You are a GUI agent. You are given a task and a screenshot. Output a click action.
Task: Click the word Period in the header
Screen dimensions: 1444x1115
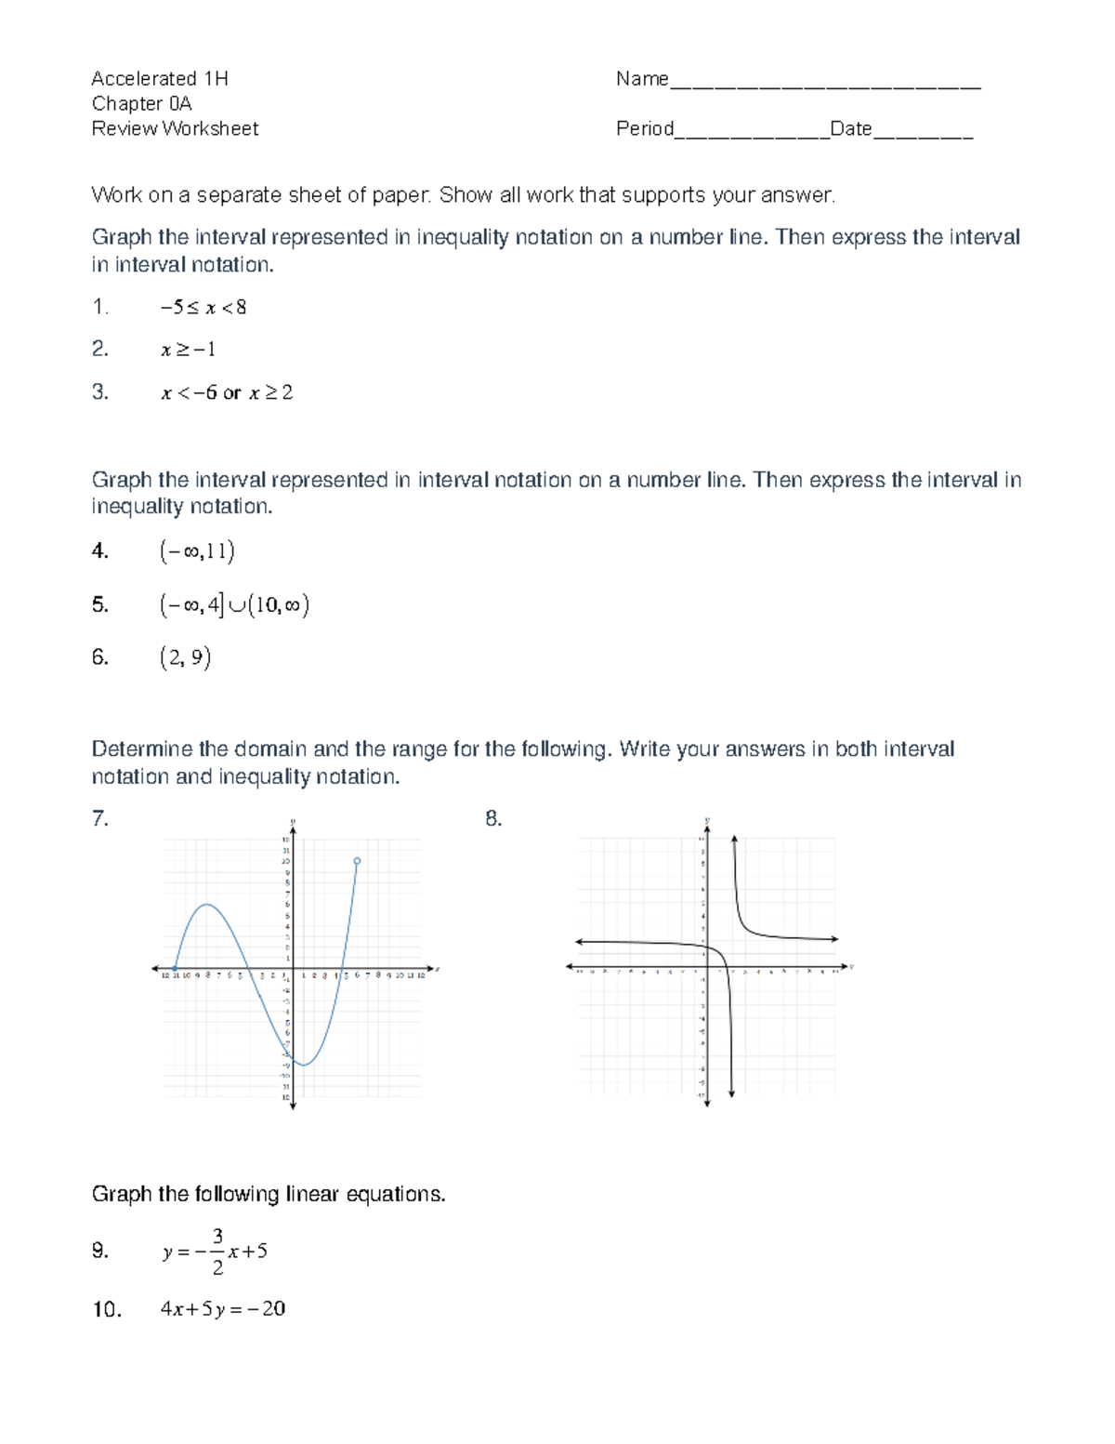pyautogui.click(x=644, y=128)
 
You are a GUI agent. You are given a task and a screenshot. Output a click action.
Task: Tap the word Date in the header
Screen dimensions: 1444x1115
pyautogui.click(x=850, y=128)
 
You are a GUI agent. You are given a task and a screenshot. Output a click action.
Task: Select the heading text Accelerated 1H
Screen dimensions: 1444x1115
pyautogui.click(x=160, y=78)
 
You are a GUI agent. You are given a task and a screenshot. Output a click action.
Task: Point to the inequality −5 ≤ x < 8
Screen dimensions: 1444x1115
pyautogui.click(x=203, y=307)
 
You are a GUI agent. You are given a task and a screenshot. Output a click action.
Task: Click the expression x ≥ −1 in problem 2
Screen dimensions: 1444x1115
pyautogui.click(x=188, y=350)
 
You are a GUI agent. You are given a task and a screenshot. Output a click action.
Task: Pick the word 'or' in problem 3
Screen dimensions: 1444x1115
pyautogui.click(x=231, y=392)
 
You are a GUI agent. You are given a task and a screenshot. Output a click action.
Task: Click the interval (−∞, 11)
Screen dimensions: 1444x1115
pyautogui.click(x=197, y=551)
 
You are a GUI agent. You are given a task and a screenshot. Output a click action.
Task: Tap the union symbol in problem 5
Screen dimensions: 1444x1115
pyautogui.click(x=236, y=605)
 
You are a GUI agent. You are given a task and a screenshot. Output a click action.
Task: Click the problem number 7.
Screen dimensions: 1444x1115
pyautogui.click(x=99, y=818)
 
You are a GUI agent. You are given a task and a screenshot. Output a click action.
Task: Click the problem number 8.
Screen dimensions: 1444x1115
pyautogui.click(x=493, y=818)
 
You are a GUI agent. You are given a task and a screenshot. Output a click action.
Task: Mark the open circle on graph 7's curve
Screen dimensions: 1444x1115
pyautogui.click(x=357, y=861)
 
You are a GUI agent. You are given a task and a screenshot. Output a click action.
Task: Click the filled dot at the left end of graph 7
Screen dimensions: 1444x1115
pyautogui.click(x=176, y=969)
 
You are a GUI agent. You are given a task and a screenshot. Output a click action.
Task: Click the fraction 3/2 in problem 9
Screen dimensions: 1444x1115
pyautogui.click(x=217, y=1252)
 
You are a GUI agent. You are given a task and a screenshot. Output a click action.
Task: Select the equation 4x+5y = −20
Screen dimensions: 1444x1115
pyautogui.click(x=223, y=1309)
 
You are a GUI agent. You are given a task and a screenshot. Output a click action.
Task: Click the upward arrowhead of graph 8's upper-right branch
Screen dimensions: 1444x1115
pyautogui.click(x=734, y=840)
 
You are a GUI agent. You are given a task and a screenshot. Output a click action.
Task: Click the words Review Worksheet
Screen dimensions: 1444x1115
pyautogui.click(x=175, y=128)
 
